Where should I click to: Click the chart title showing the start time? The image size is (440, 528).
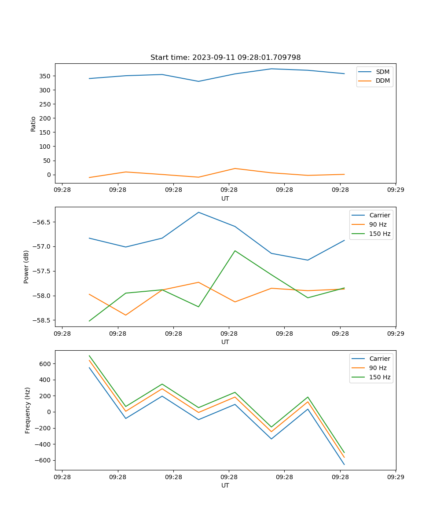click(225, 58)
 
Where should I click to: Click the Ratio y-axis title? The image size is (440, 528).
click(33, 124)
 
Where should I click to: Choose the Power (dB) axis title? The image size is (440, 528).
click(26, 267)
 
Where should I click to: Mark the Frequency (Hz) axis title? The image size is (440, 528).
click(28, 410)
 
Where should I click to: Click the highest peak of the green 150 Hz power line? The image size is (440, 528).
click(235, 251)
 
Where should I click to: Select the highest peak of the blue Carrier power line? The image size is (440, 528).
click(198, 213)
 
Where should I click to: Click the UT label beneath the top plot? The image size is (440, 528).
click(225, 198)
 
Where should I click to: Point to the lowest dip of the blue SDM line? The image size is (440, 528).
click(198, 81)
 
